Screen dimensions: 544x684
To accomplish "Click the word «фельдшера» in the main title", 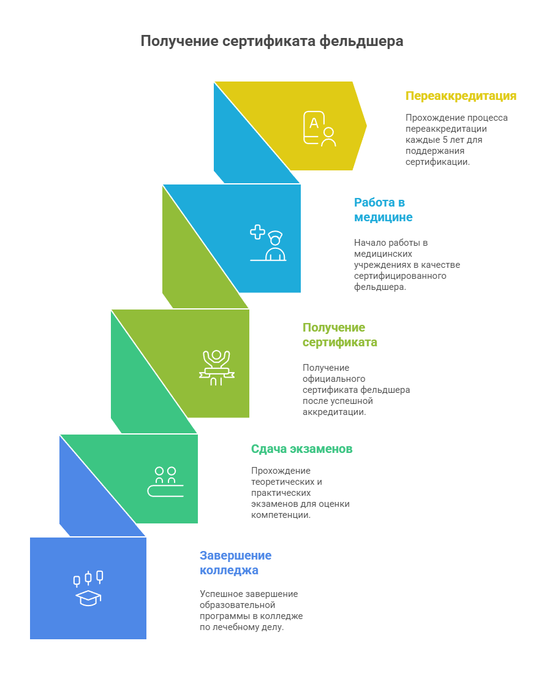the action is [x=361, y=42].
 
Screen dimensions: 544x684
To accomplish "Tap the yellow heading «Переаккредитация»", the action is [x=461, y=96].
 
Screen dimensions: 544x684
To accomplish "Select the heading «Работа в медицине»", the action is [x=383, y=210].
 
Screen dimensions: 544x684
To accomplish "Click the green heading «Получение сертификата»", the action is [x=340, y=335].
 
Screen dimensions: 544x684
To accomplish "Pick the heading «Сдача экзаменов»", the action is [x=301, y=449].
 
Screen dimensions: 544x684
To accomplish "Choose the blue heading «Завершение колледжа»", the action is [x=235, y=563].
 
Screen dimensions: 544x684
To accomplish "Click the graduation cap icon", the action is [x=88, y=598].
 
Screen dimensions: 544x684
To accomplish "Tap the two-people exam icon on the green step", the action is [x=165, y=482].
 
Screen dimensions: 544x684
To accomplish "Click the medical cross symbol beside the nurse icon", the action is [x=258, y=232].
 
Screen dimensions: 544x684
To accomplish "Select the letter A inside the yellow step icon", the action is [x=314, y=123].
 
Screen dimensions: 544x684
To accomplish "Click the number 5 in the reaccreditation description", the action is [x=445, y=140].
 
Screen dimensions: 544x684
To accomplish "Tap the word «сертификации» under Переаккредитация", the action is [x=437, y=162].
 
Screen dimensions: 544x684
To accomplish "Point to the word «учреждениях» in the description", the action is [x=382, y=265].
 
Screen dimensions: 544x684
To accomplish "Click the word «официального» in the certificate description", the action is [x=334, y=379].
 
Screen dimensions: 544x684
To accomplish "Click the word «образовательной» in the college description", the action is [x=238, y=605].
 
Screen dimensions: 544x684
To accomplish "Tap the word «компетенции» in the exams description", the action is [x=281, y=515].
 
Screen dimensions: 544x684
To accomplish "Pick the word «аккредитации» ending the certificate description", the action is [x=334, y=412].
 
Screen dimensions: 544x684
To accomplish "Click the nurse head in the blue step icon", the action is [x=275, y=238].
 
